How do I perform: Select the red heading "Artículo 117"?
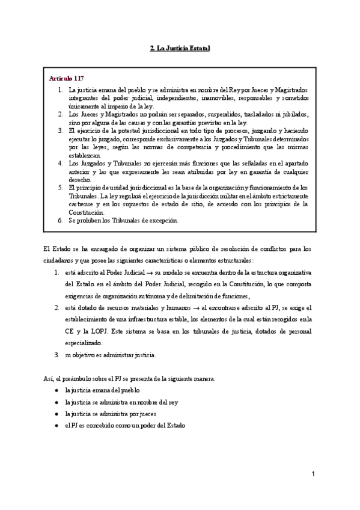pyautogui.click(x=67, y=78)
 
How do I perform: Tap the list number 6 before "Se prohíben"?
pyautogui.click(x=60, y=220)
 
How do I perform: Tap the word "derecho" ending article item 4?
pyautogui.click(x=81, y=179)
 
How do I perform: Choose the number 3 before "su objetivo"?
pyautogui.click(x=56, y=355)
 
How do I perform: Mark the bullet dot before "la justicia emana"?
pyautogui.click(x=56, y=390)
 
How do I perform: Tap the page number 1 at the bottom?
pyautogui.click(x=313, y=475)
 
